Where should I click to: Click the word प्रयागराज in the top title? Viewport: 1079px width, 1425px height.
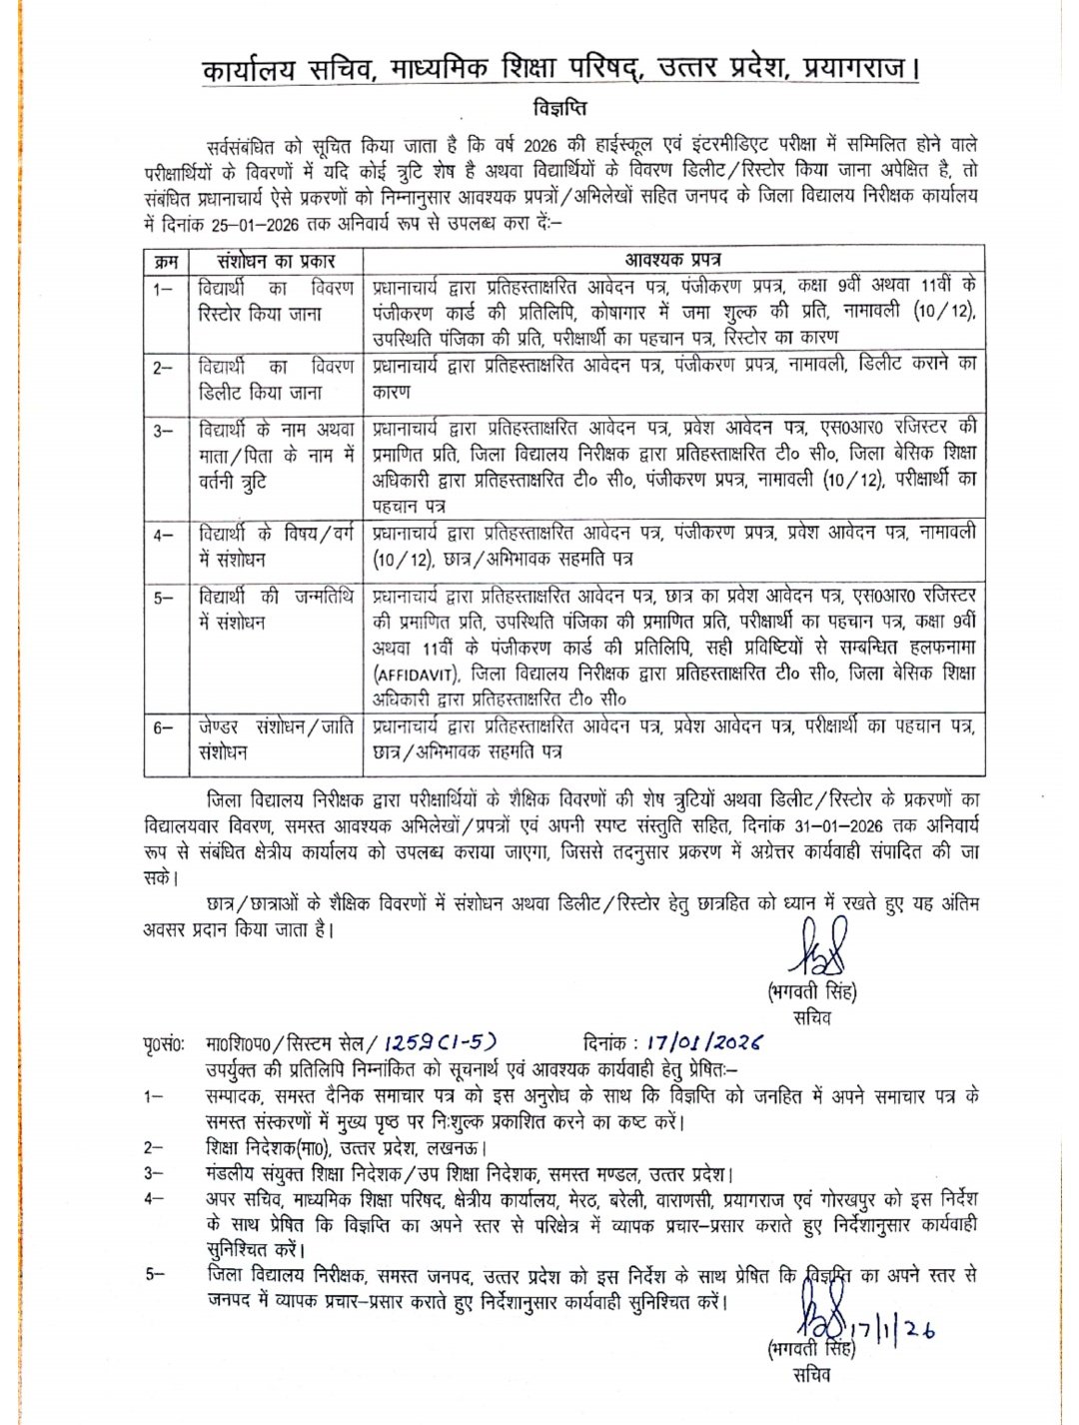click(856, 71)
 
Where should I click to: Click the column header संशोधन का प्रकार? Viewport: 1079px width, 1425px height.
click(270, 261)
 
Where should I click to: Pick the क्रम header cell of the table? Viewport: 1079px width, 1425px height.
click(165, 261)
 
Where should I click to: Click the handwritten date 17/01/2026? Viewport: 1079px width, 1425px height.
click(705, 1043)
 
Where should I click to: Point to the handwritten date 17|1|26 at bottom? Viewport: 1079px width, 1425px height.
click(892, 1334)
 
